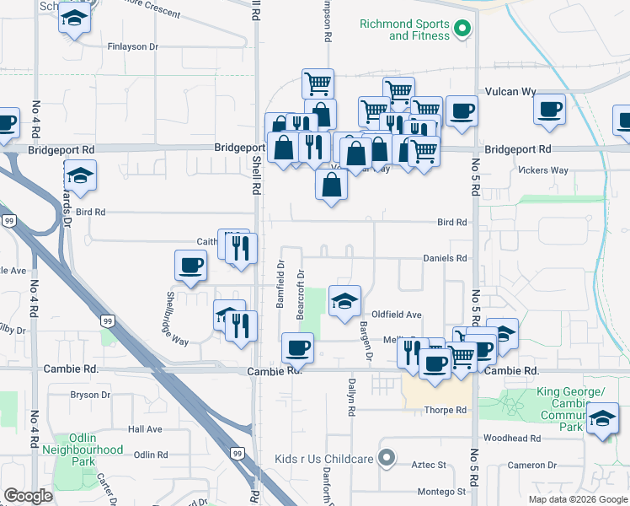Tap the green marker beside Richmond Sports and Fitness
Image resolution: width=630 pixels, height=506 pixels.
click(x=462, y=30)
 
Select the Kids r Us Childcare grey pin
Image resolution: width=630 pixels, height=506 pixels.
click(x=387, y=459)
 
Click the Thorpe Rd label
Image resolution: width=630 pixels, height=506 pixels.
click(x=446, y=411)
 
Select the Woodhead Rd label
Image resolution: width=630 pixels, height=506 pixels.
click(x=512, y=439)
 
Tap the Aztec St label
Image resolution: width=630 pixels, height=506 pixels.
click(x=430, y=465)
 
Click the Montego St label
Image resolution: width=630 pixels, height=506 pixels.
click(x=442, y=492)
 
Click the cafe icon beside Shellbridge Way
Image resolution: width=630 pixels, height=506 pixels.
click(x=190, y=264)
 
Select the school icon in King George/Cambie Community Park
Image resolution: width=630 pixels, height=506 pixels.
click(x=602, y=418)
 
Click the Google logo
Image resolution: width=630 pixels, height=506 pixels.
click(x=28, y=496)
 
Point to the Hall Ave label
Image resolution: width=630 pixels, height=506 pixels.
click(x=145, y=429)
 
